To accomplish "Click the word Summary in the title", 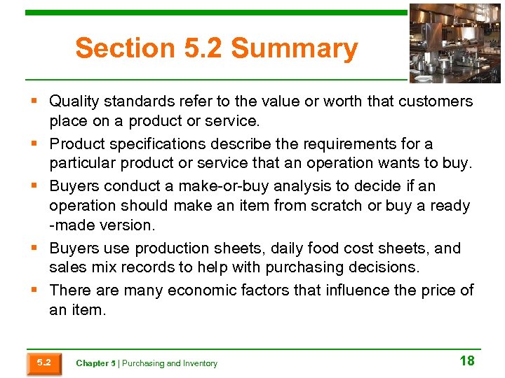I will [294, 49].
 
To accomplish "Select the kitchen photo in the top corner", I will [455, 43].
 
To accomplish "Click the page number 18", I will [467, 360].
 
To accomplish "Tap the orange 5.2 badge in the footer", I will [43, 363].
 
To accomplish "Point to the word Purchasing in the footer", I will [143, 363].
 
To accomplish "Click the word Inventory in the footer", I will [201, 363].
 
